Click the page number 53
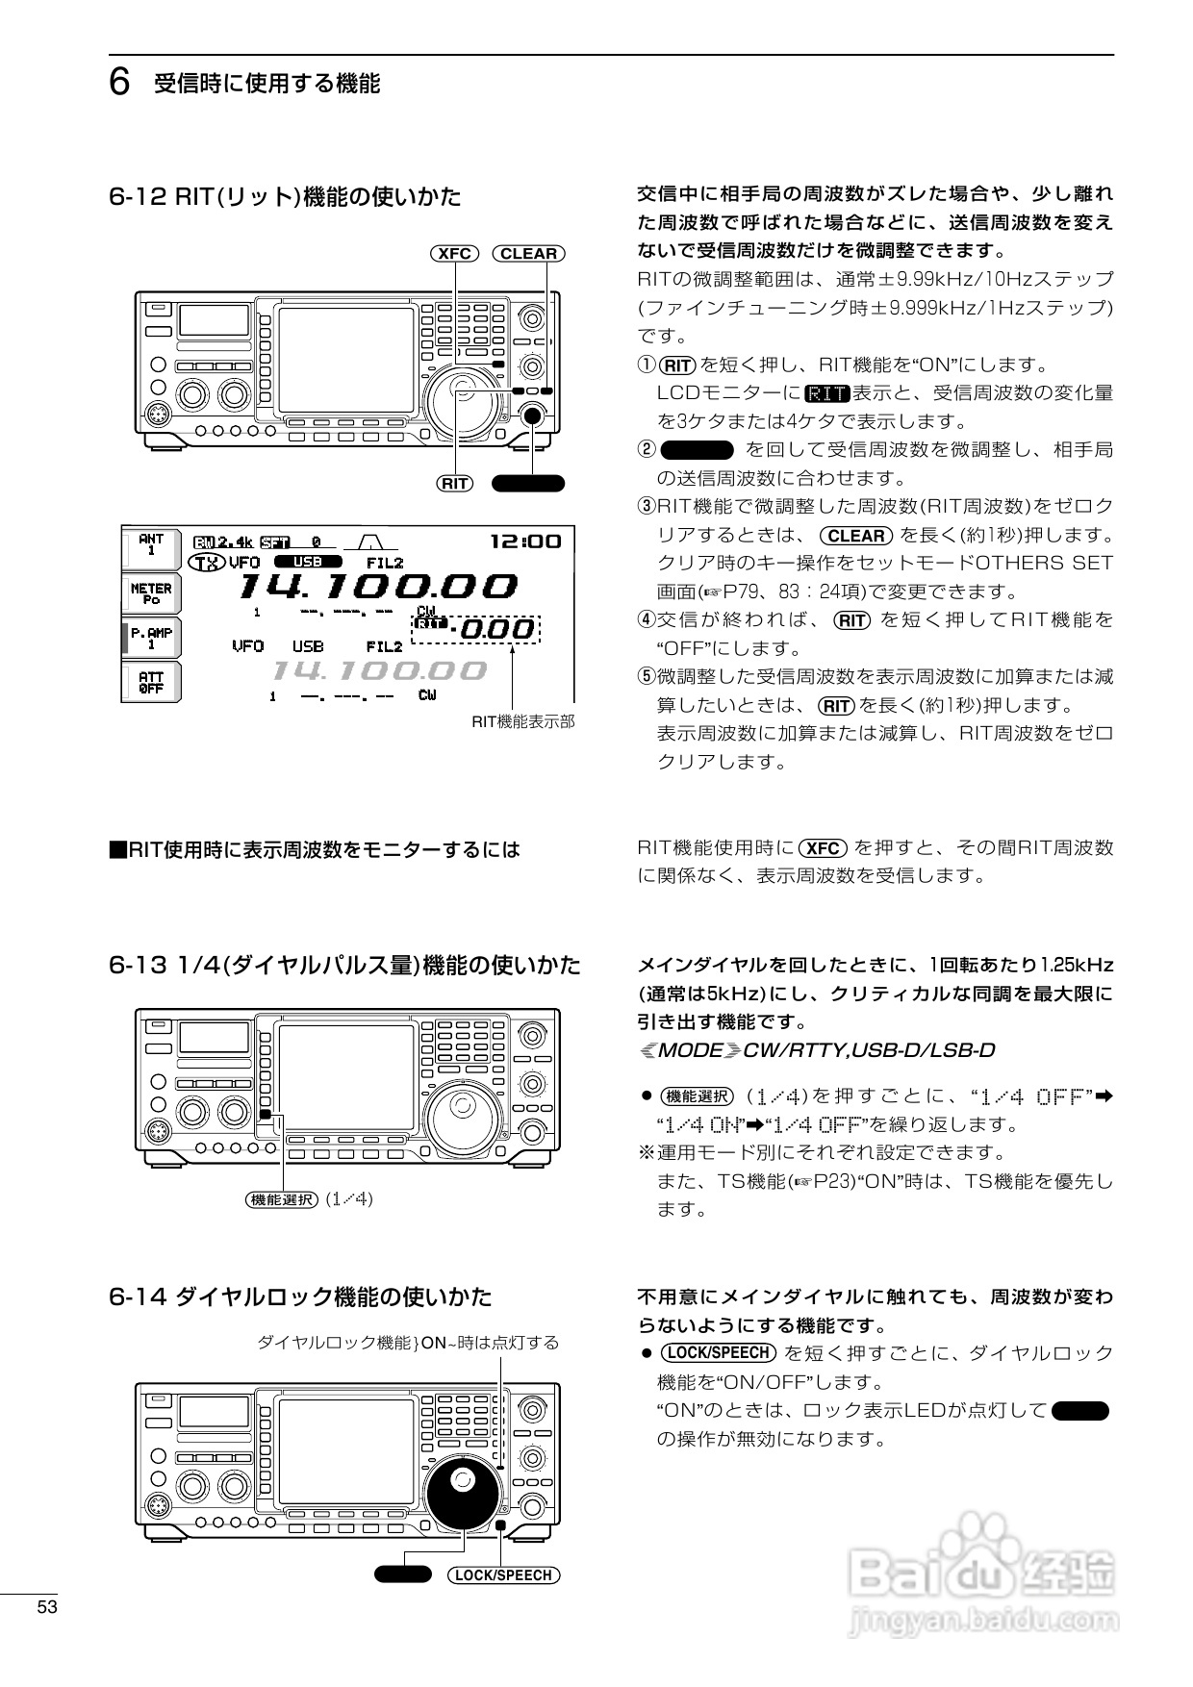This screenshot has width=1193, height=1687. [48, 1608]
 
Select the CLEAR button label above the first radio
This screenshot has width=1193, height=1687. [528, 254]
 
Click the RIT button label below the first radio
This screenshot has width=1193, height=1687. [454, 484]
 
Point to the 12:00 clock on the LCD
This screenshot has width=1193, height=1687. [525, 541]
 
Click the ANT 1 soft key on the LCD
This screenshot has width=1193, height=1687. [151, 545]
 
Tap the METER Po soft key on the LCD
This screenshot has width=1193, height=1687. [151, 592]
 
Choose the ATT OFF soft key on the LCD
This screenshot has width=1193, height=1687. [151, 683]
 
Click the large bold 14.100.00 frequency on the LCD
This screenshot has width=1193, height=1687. [377, 586]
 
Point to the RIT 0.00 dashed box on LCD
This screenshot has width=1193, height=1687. [476, 629]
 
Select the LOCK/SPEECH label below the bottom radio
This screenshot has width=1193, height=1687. [503, 1575]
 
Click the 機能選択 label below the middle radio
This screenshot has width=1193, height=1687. [282, 1199]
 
